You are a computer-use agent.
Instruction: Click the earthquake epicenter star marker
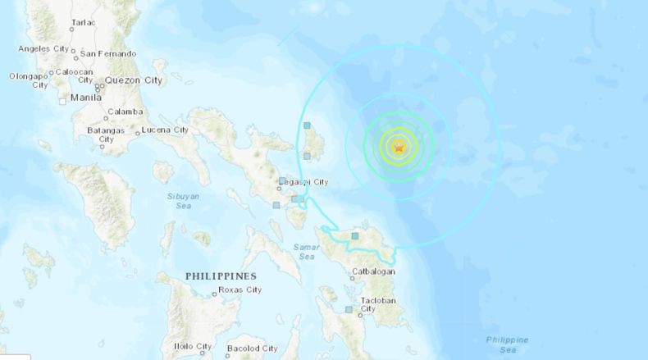pyautogui.click(x=399, y=148)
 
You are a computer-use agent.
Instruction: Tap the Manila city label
pyautogui.click(x=86, y=97)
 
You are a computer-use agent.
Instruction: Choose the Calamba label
pyautogui.click(x=125, y=112)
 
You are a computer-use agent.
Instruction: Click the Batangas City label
pyautogui.click(x=106, y=134)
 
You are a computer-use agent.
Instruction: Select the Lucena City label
pyautogui.click(x=165, y=130)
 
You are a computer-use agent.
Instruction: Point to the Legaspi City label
pyautogui.click(x=308, y=181)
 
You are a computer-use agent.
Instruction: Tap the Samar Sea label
pyautogui.click(x=306, y=251)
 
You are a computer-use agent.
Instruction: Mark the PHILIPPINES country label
pyautogui.click(x=221, y=276)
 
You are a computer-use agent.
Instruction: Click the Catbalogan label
pyautogui.click(x=373, y=271)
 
